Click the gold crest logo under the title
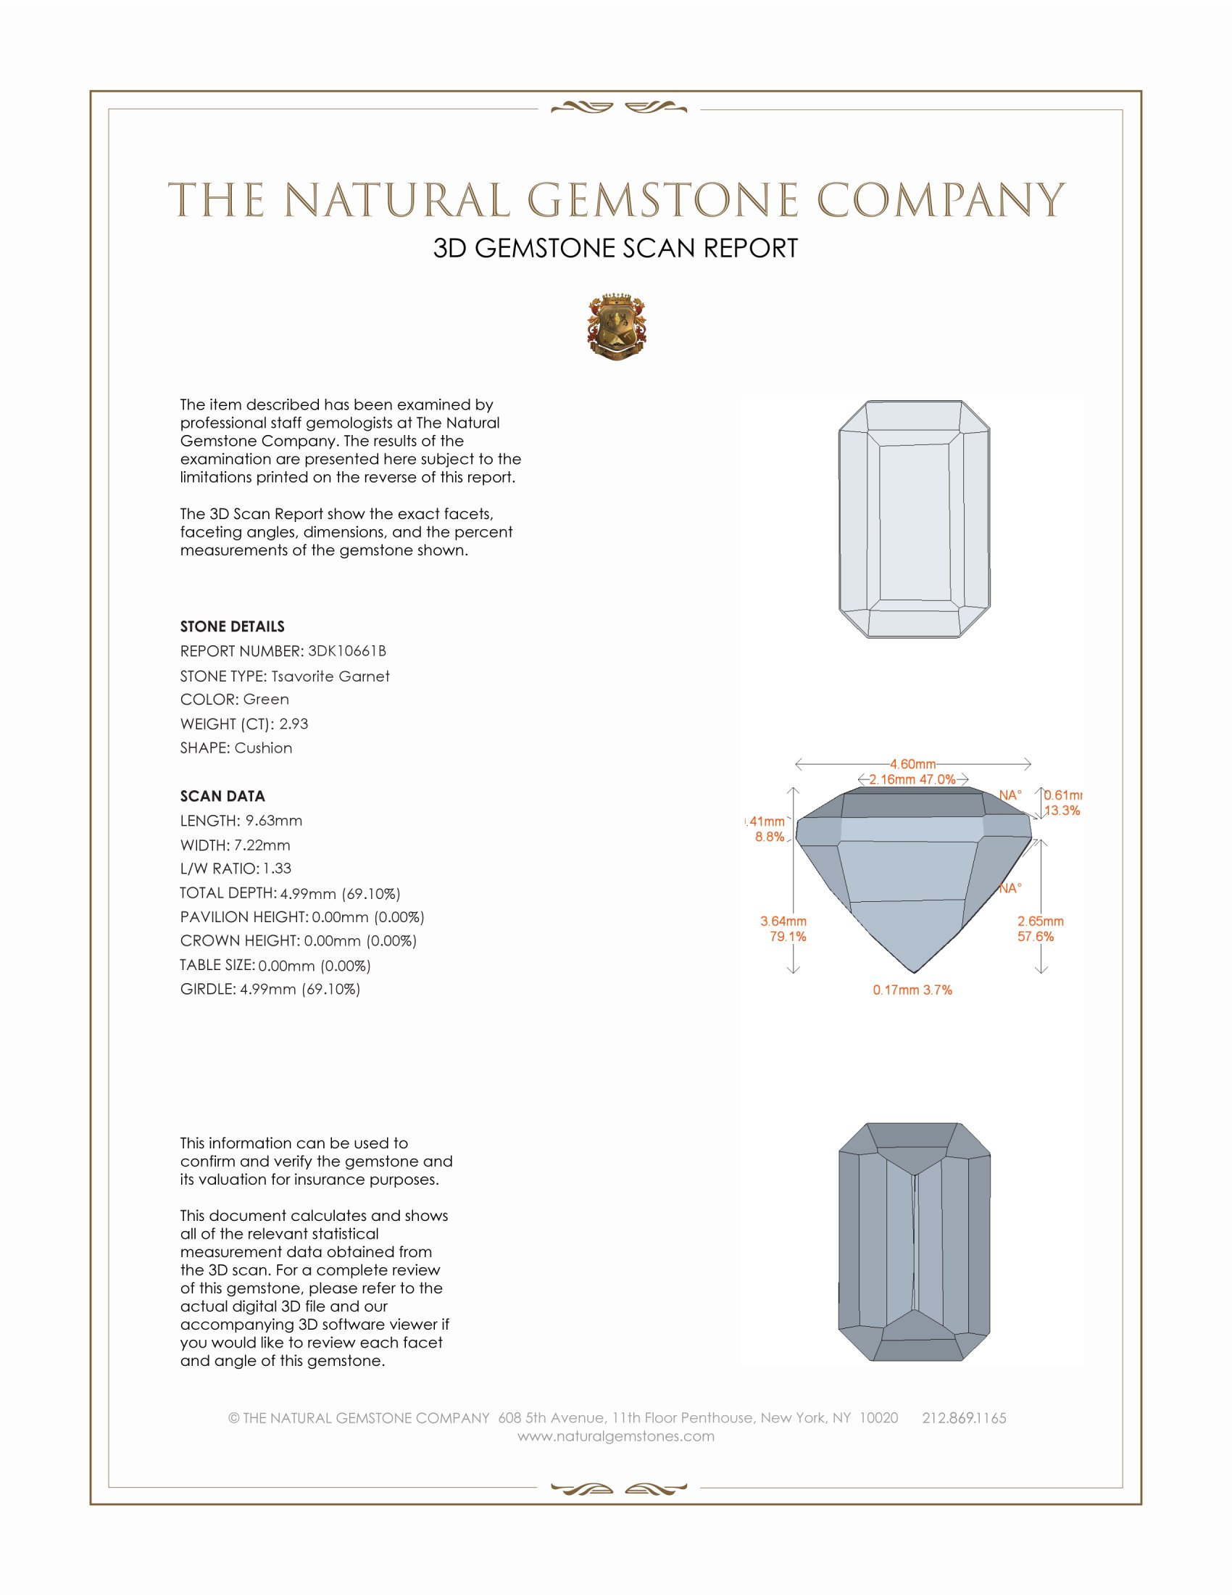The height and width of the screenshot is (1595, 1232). pos(616,327)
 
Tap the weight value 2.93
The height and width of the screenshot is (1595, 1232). pos(294,724)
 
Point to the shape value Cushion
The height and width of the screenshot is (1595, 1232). pos(264,748)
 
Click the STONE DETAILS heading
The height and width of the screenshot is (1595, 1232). pos(232,626)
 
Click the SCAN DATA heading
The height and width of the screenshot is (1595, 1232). pos(222,796)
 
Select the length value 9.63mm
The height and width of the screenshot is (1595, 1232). pos(274,820)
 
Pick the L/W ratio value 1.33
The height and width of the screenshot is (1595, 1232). pos(277,869)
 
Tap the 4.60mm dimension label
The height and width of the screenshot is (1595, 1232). pos(912,764)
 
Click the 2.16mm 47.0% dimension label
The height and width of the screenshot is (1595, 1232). pos(912,779)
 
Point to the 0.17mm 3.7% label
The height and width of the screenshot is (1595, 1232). pos(912,990)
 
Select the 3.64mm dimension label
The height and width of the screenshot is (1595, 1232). pos(783,921)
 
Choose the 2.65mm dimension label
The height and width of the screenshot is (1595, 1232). pos(1040,921)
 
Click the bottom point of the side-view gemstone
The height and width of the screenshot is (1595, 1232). pos(914,971)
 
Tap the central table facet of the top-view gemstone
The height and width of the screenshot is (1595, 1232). pos(914,521)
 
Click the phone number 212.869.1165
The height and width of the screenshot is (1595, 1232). pos(963,1417)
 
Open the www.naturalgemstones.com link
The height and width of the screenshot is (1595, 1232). pos(616,1435)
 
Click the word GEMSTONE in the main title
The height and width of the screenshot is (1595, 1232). pos(662,200)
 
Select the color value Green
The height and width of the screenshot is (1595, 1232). pos(266,699)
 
